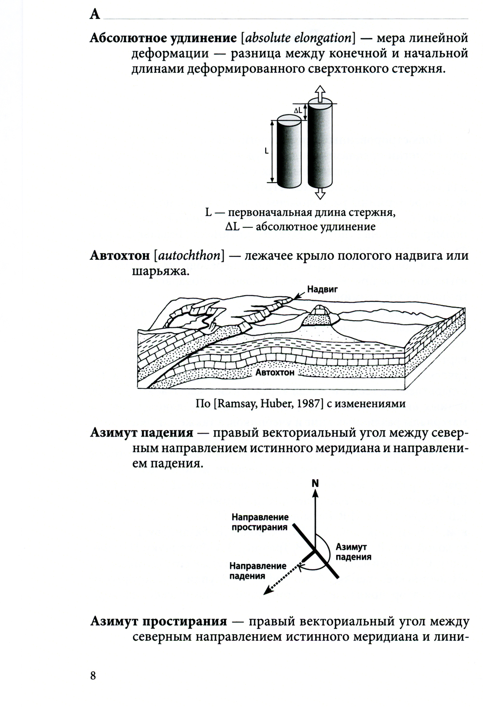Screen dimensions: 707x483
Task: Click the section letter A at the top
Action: click(95, 14)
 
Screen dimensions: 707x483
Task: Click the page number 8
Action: click(93, 675)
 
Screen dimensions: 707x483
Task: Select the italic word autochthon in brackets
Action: click(189, 255)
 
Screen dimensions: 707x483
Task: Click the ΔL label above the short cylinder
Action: click(298, 111)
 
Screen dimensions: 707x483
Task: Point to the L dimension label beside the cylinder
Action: click(266, 151)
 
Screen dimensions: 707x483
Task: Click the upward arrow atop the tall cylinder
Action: click(320, 92)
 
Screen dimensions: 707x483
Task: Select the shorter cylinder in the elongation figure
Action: click(289, 153)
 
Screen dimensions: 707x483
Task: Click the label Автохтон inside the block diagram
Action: click(274, 373)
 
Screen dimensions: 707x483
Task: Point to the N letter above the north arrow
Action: click(315, 483)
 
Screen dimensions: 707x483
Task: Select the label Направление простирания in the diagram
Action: click(259, 522)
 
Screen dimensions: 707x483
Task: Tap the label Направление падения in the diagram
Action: click(257, 570)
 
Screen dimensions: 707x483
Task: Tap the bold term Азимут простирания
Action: click(158, 621)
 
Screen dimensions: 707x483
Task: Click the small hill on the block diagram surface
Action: click(318, 315)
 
